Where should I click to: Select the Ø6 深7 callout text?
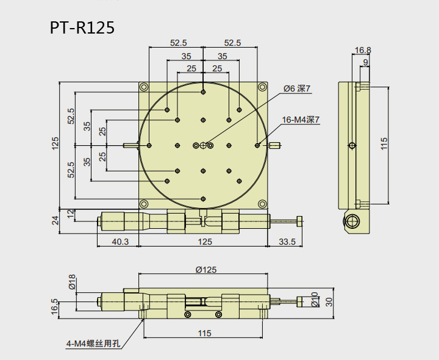point(297,88)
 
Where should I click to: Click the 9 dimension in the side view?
point(365,62)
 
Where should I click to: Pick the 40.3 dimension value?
point(120,242)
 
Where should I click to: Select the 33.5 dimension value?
point(286,242)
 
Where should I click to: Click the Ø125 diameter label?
point(205,269)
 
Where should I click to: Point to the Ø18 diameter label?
point(72,282)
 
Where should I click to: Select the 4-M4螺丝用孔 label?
point(93,344)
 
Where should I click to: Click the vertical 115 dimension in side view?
point(384,144)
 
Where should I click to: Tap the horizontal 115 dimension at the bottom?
point(204,333)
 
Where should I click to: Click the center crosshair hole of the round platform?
point(203,145)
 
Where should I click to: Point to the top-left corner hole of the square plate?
point(144,87)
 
